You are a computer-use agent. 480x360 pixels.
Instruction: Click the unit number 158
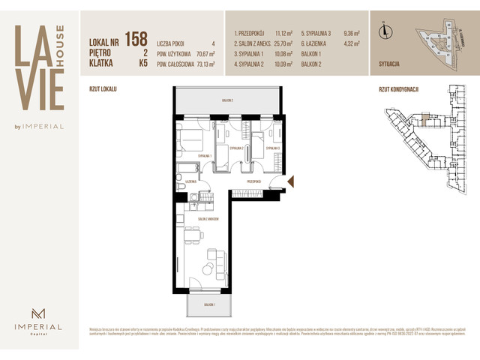136,38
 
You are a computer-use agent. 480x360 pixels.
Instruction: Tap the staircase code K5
142,64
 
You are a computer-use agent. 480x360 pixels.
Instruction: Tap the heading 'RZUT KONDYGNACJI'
398,89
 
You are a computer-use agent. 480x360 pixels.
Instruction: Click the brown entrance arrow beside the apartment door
292,181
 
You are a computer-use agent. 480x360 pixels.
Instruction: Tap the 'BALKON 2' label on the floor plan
226,100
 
